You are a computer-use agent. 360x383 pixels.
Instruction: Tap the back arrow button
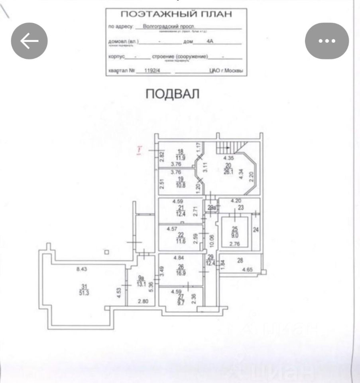tap(29, 41)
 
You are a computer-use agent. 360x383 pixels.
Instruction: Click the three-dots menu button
tap(327, 41)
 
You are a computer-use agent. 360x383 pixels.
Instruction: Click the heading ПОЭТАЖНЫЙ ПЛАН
tap(176, 15)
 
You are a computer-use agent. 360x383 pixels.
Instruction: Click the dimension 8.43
tap(82, 269)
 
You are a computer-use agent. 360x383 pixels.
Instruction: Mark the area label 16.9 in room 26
tap(181, 274)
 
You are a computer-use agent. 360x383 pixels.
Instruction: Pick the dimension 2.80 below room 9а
tap(143, 302)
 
